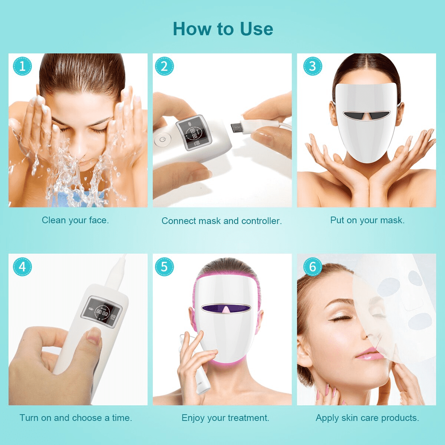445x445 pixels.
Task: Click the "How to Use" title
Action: [223, 29]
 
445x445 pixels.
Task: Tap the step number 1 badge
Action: [22, 66]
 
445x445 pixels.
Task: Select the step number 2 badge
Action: [164, 66]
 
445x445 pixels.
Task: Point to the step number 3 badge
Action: [313, 66]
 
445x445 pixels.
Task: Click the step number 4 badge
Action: [22, 267]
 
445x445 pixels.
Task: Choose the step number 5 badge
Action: [164, 267]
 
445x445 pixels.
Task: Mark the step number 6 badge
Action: [313, 267]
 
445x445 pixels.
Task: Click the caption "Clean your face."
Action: [75, 221]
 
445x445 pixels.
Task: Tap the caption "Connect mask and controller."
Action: [222, 221]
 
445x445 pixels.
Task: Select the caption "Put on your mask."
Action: [367, 220]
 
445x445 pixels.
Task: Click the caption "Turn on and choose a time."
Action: [76, 418]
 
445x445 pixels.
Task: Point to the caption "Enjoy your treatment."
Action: [225, 418]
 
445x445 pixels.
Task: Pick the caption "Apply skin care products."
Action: [367, 418]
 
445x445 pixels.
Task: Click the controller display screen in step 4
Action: [102, 311]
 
